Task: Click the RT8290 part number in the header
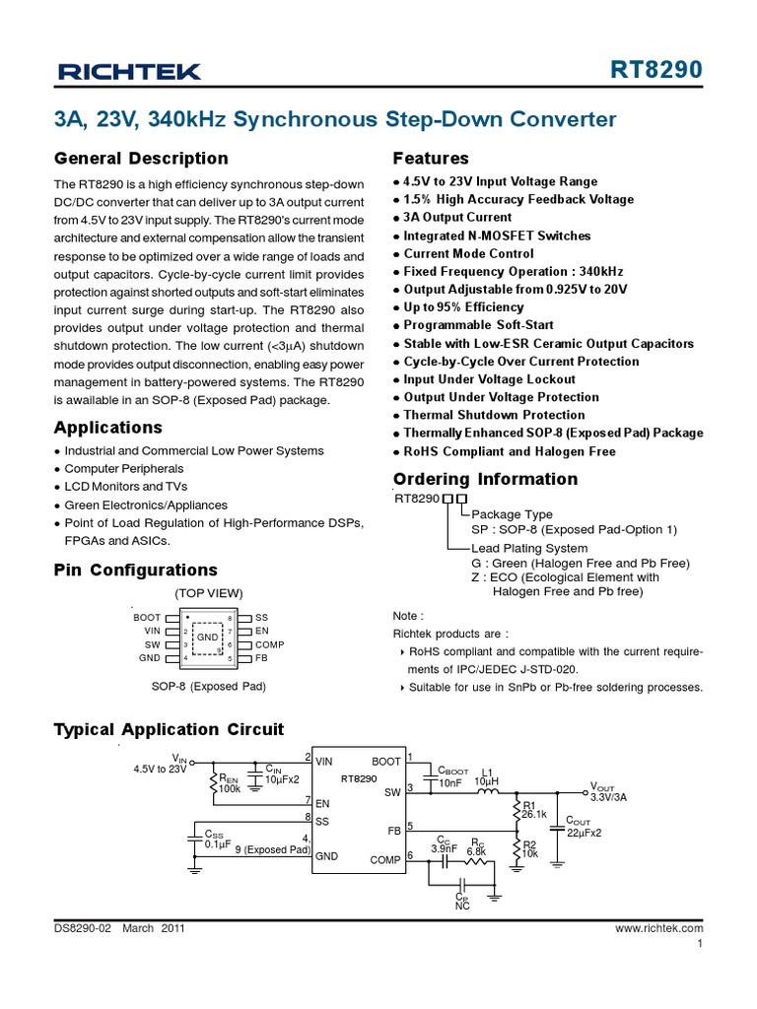657,70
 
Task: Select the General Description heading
140,159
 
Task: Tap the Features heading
431,159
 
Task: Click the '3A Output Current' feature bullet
457,217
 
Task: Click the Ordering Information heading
485,479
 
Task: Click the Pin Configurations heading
135,570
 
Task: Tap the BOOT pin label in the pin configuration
147,617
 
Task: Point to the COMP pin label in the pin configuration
270,644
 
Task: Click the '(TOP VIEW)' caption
208,593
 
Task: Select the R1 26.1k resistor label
533,810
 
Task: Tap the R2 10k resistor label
529,848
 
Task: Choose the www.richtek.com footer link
658,928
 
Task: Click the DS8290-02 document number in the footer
85,928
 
